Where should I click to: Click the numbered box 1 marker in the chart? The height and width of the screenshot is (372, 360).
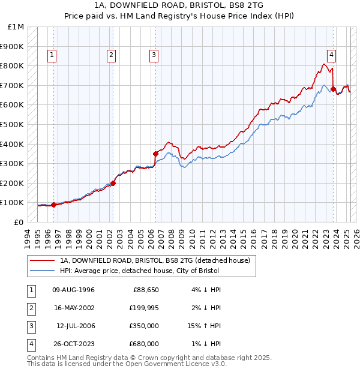pos(53,56)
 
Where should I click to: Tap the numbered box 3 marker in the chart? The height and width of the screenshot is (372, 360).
pos(154,56)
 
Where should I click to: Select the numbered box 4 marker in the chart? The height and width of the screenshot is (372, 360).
pos(332,56)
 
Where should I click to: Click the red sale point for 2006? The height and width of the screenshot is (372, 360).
pos(155,154)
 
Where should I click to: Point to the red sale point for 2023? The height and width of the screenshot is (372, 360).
pos(333,89)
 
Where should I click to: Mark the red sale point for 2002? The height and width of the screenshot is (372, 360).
pos(113,183)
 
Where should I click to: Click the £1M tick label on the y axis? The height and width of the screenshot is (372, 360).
pos(16,27)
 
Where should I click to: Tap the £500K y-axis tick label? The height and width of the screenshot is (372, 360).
pos(13,125)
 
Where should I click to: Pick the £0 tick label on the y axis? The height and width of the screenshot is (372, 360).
pos(18,222)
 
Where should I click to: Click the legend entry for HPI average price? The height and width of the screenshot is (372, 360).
pos(139,271)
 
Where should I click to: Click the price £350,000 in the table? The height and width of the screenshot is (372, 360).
pos(144,325)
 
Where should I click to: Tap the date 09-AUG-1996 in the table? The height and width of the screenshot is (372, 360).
pos(74,290)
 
